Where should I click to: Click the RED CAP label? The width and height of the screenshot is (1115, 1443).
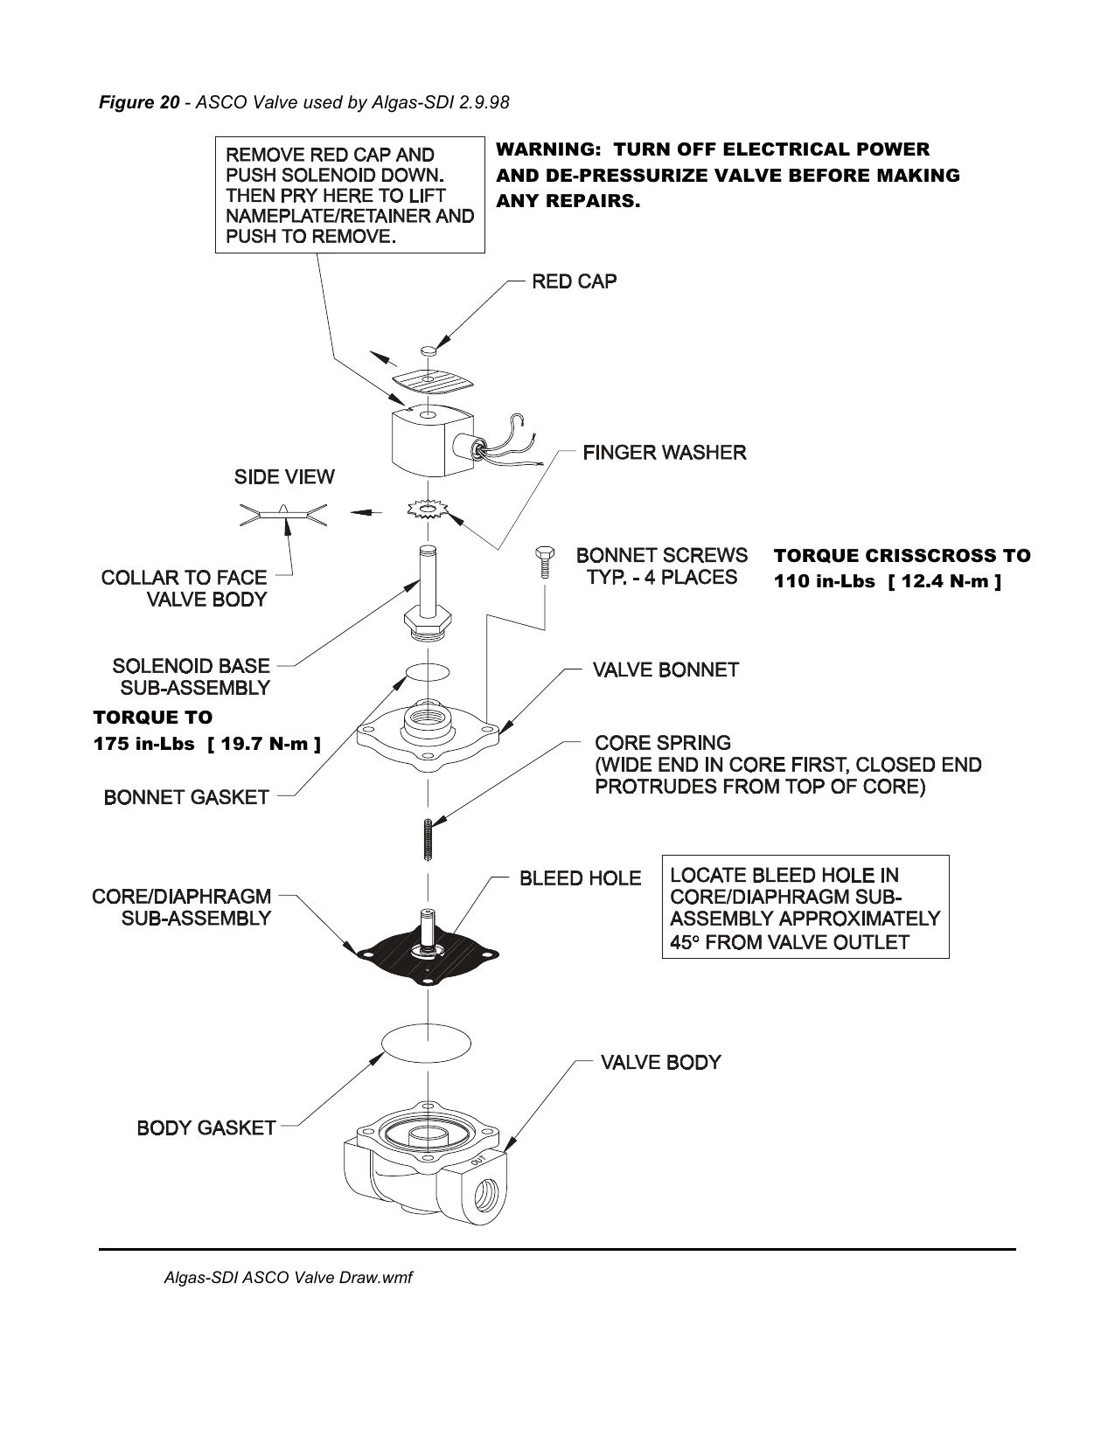click(x=574, y=281)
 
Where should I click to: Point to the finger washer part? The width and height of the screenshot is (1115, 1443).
click(x=427, y=509)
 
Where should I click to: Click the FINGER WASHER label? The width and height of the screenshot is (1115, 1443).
click(x=664, y=453)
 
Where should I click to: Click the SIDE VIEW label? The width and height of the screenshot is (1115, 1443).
click(x=283, y=477)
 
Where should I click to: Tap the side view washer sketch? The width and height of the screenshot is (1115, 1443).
click(x=282, y=515)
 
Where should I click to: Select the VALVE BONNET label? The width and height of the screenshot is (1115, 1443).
click(x=665, y=670)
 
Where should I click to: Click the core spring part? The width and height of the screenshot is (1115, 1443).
click(x=428, y=839)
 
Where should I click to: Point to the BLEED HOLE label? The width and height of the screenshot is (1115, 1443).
click(x=580, y=878)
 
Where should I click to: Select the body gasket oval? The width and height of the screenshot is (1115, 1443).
click(x=427, y=1042)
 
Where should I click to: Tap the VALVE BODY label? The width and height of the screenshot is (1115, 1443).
click(x=659, y=1063)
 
